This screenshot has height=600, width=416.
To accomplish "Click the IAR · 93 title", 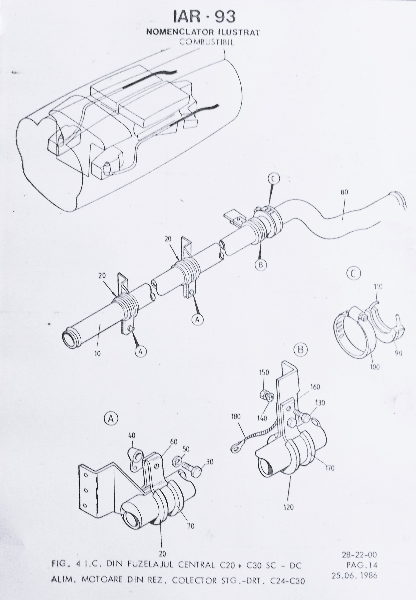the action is click(204, 16).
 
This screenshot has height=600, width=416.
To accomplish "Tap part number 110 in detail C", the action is click(378, 287).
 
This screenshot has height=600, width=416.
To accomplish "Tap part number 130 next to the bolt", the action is click(320, 403).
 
